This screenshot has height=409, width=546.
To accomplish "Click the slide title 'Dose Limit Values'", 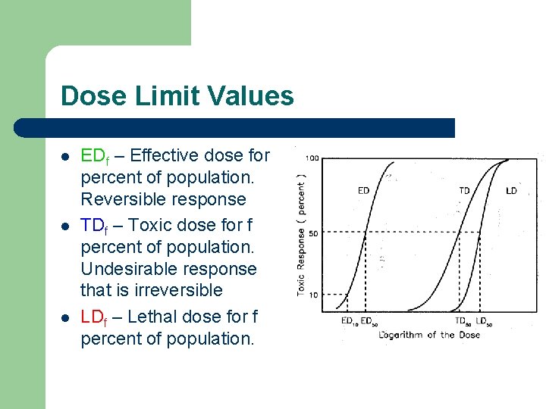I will click(177, 96).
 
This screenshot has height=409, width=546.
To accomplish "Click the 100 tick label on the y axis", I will click(312, 158).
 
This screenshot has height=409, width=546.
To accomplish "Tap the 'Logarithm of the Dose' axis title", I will click(429, 335).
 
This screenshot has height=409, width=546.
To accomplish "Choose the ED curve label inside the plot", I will click(363, 191).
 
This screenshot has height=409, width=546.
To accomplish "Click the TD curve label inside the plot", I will click(464, 191).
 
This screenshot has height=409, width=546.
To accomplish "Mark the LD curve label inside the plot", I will click(511, 191).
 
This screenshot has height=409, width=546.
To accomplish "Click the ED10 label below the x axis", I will click(348, 321).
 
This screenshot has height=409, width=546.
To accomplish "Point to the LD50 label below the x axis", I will click(484, 321).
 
